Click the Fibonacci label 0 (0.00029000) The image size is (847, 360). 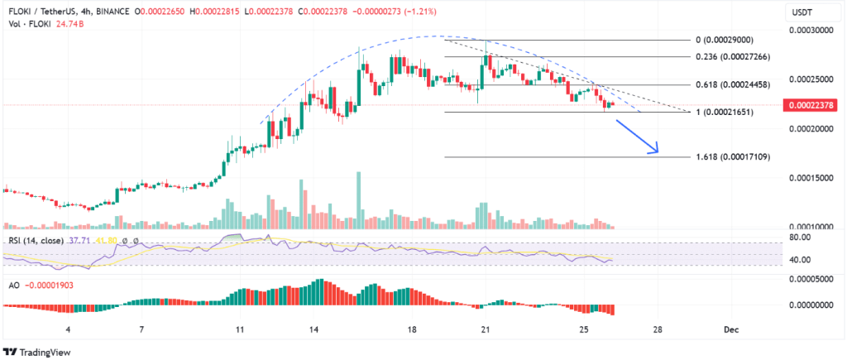tap(732, 40)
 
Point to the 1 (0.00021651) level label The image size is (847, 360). tap(731, 112)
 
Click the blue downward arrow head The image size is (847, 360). tap(655, 150)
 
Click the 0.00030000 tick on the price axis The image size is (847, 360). tap(812, 30)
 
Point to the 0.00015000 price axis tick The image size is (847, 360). tap(812, 178)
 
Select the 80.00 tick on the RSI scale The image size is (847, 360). tap(800, 238)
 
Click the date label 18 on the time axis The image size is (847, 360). tap(412, 329)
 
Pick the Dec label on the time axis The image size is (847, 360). tap(730, 329)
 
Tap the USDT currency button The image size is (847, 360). tap(802, 12)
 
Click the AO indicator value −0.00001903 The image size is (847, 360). tap(49, 284)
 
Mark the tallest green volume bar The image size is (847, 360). tap(358, 199)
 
